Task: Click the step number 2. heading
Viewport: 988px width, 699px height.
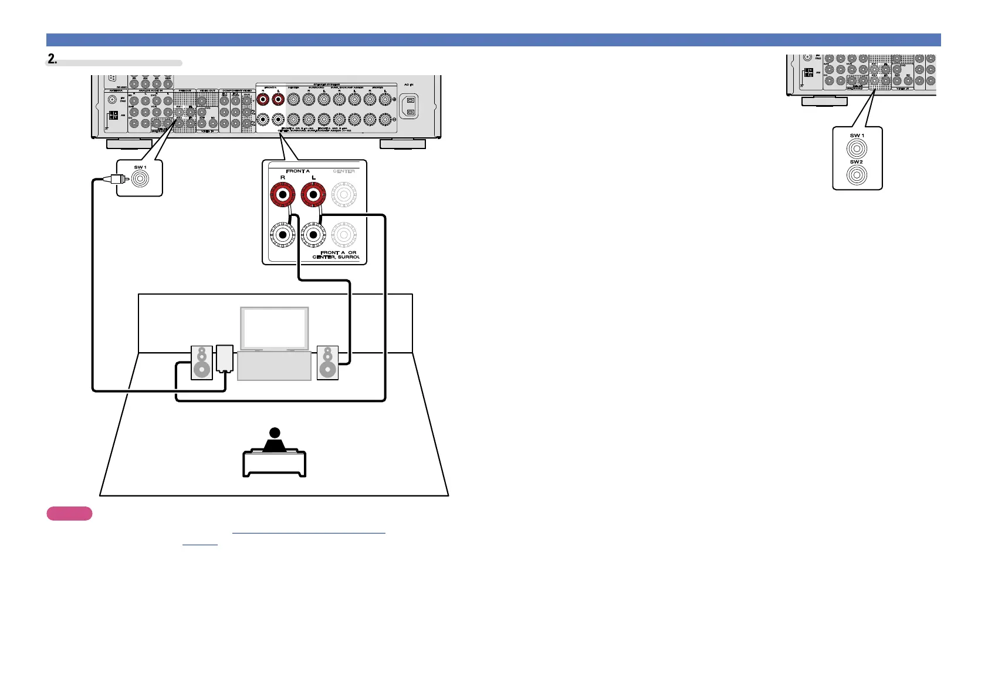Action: (x=53, y=59)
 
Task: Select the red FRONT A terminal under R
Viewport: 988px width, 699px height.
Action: (x=283, y=194)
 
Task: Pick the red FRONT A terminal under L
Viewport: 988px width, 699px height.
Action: (x=313, y=194)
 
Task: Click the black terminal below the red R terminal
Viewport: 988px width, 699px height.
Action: (x=283, y=235)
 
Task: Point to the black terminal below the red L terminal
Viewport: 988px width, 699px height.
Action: (x=313, y=235)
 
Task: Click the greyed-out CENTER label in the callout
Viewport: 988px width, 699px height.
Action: (x=344, y=171)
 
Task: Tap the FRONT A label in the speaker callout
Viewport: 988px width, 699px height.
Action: (x=298, y=171)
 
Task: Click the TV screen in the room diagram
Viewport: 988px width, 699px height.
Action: (x=274, y=329)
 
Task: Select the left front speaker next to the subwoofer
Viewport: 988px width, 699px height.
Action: (x=202, y=363)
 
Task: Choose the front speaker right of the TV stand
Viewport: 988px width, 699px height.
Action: (x=327, y=363)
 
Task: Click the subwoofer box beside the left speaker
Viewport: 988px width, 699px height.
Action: (x=225, y=358)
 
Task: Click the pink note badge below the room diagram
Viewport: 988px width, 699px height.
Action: (x=69, y=514)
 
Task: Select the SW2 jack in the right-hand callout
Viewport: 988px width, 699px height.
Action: (x=857, y=175)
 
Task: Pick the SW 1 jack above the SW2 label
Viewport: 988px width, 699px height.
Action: (x=857, y=148)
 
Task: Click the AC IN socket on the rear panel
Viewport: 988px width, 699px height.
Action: (x=411, y=106)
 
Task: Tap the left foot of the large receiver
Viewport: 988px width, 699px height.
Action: (x=129, y=144)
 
